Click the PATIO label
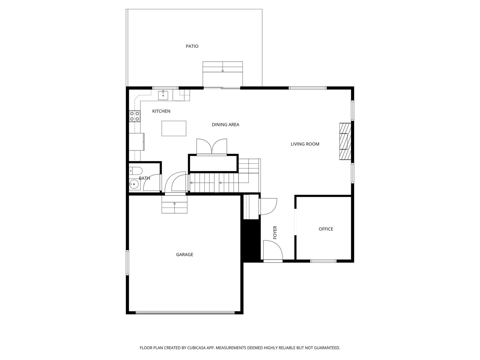click(192, 46)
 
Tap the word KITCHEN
click(161, 111)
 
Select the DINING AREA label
click(226, 124)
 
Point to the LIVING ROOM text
click(305, 144)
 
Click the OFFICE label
click(326, 229)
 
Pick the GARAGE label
click(184, 254)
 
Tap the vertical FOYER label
click(275, 232)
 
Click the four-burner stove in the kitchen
click(134, 116)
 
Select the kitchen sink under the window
click(163, 95)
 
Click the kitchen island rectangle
click(174, 128)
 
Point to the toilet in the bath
click(136, 170)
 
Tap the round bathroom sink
click(133, 184)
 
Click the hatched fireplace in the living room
click(345, 141)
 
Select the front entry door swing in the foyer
click(273, 250)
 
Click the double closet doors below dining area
click(212, 147)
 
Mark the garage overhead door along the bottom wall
click(185, 313)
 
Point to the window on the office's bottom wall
click(323, 261)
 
